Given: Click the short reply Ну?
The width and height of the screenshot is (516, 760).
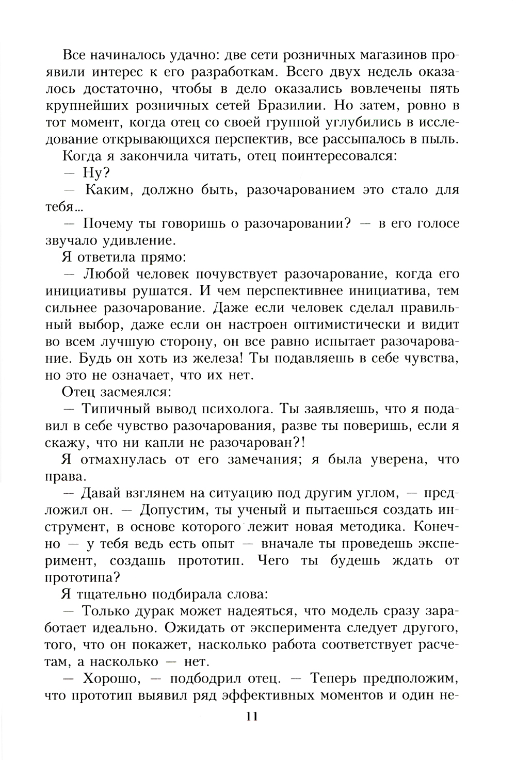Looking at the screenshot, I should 93,173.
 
